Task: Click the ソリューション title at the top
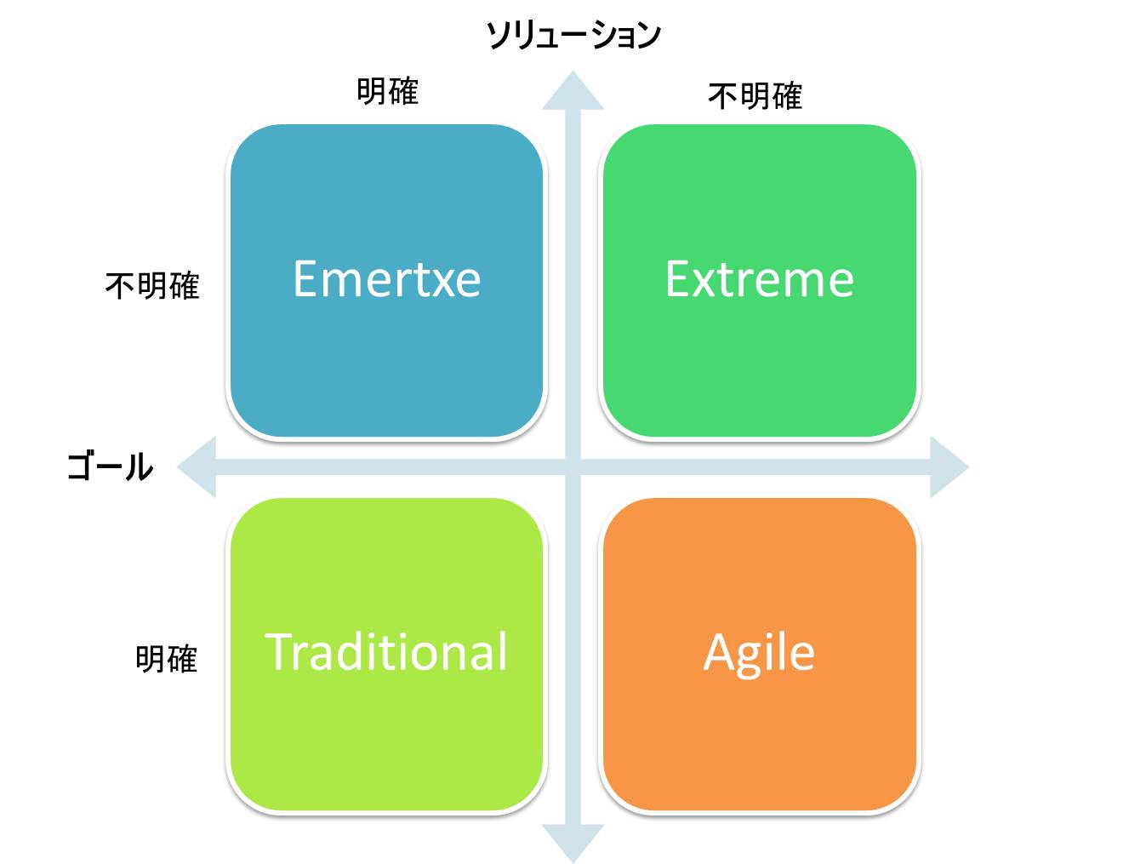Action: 573,36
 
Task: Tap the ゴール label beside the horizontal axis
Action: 110,466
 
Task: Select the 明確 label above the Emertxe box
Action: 387,91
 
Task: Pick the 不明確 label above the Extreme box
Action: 755,96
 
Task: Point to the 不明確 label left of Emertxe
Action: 152,286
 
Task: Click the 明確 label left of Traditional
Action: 167,659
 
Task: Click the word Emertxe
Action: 387,279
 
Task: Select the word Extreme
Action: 760,279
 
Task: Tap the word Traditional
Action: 386,651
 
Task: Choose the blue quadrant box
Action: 387,281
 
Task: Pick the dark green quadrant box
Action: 760,281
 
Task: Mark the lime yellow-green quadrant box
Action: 387,654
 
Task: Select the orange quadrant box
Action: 760,654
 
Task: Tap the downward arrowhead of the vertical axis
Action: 573,843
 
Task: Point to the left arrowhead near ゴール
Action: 197,467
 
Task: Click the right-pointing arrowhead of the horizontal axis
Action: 949,467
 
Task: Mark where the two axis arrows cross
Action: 573,467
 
